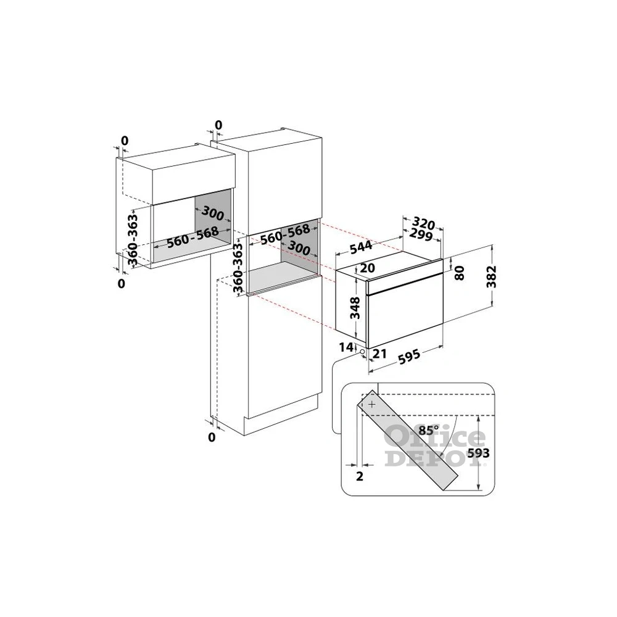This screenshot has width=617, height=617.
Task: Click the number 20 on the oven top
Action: [x=367, y=268]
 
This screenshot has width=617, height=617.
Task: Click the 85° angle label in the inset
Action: [x=427, y=430]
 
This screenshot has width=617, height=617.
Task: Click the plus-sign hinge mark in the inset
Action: [x=371, y=404]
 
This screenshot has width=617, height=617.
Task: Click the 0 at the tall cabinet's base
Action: [x=212, y=437]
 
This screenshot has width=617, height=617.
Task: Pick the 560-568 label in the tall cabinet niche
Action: [x=285, y=235]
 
